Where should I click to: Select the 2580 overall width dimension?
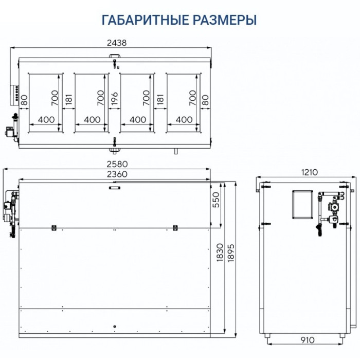(116, 164)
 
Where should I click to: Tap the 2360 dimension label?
(116, 174)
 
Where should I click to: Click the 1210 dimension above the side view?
(308, 172)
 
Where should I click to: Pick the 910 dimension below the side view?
(308, 340)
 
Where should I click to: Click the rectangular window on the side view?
(302, 204)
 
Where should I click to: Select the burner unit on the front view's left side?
(10, 211)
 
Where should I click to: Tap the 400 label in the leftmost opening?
(46, 119)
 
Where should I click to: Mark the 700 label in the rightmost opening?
(193, 97)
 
